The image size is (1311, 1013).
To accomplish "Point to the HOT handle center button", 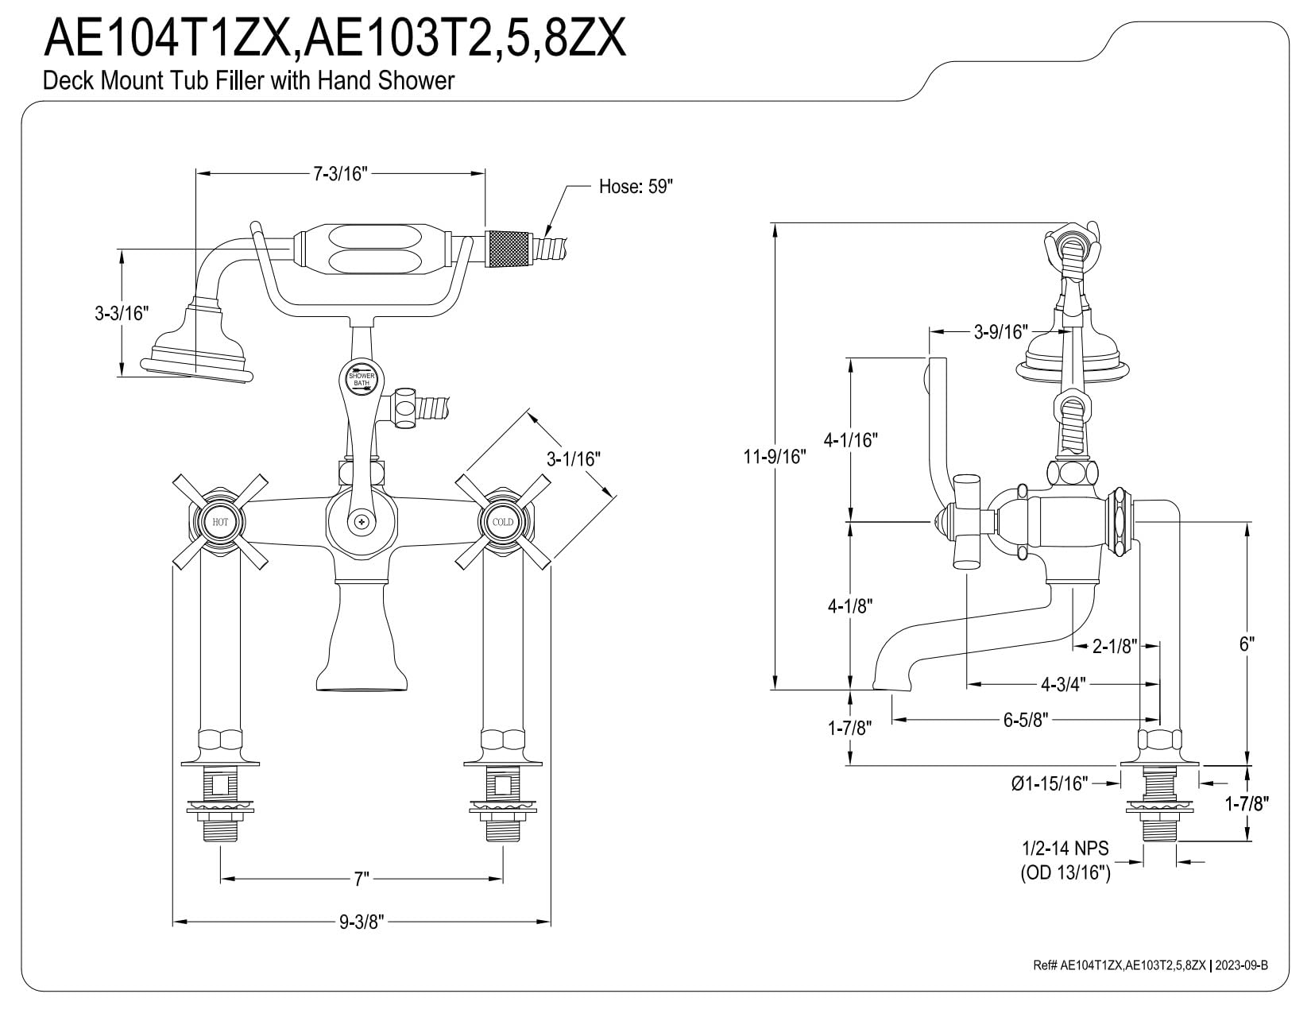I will tap(220, 522).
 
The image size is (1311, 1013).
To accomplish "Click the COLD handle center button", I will tap(502, 522).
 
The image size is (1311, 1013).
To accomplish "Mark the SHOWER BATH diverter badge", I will tap(362, 379).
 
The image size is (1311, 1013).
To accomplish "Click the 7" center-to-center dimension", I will tap(362, 879).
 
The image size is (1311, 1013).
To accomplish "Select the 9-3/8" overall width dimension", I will tap(362, 922).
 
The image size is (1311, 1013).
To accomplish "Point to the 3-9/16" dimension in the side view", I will tap(1000, 331).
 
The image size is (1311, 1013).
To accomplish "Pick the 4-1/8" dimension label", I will tap(850, 606).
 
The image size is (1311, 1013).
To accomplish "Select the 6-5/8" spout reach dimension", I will tap(1025, 720).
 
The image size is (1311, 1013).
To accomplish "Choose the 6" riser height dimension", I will tap(1246, 644).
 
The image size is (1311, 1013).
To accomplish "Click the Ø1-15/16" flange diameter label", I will tap(1049, 783).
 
